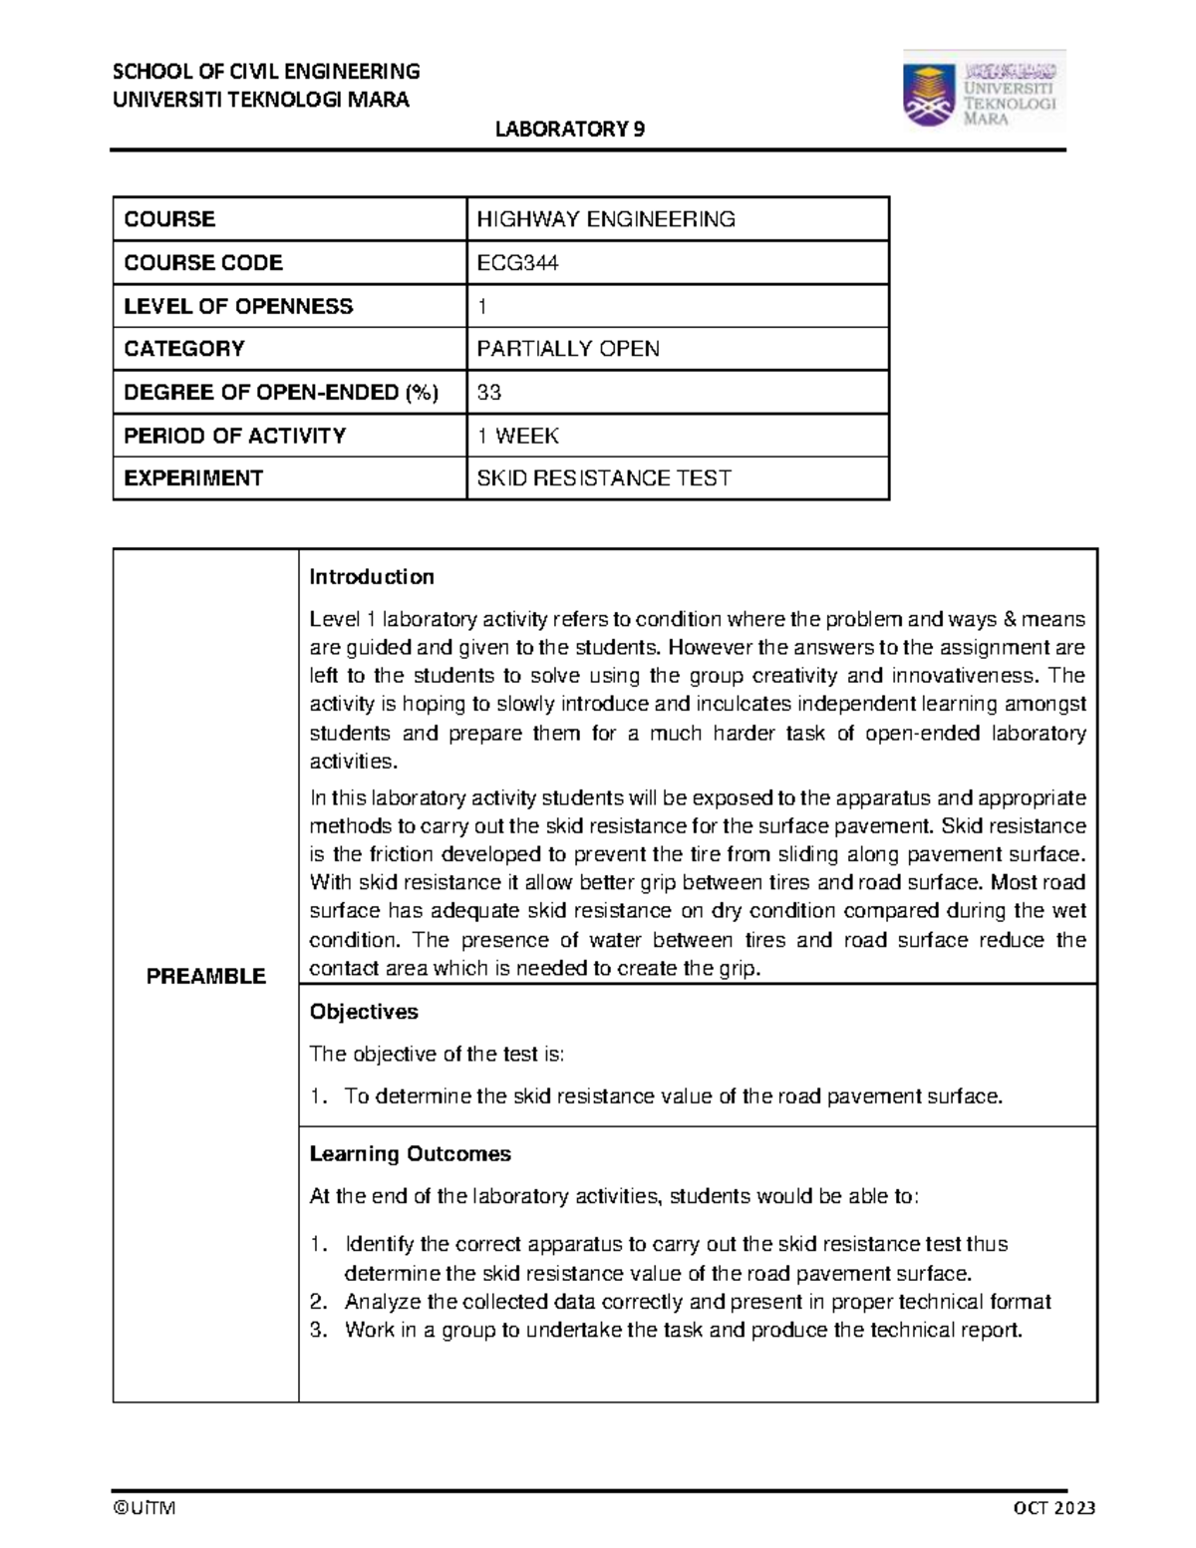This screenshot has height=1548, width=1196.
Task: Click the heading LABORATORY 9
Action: [x=571, y=130]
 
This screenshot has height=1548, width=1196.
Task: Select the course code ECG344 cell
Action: [x=518, y=263]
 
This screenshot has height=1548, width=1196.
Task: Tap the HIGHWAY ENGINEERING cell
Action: [x=606, y=219]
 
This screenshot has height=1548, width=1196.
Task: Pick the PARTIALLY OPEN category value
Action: [x=568, y=349]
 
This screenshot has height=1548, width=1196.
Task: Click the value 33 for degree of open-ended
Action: [x=489, y=393]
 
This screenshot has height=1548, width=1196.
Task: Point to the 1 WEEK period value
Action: [x=518, y=436]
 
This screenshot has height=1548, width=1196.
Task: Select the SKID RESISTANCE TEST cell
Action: [x=604, y=478]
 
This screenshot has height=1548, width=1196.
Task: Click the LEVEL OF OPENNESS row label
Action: [x=238, y=306]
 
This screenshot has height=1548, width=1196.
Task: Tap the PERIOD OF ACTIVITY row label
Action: [x=234, y=436]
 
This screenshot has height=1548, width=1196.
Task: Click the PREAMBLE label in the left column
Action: [x=206, y=977]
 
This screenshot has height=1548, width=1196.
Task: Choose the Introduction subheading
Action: [x=372, y=577]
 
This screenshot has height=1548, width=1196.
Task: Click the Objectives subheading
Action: [x=364, y=1012]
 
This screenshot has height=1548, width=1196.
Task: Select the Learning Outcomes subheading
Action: [x=410, y=1154]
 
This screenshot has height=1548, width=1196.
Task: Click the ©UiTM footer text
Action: [x=144, y=1508]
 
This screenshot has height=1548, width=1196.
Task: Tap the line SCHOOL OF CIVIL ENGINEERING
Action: [x=266, y=71]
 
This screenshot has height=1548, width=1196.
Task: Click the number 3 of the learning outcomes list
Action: [x=318, y=1330]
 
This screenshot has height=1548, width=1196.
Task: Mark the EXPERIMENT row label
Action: [x=193, y=478]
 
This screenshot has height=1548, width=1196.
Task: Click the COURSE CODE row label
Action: [x=203, y=263]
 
